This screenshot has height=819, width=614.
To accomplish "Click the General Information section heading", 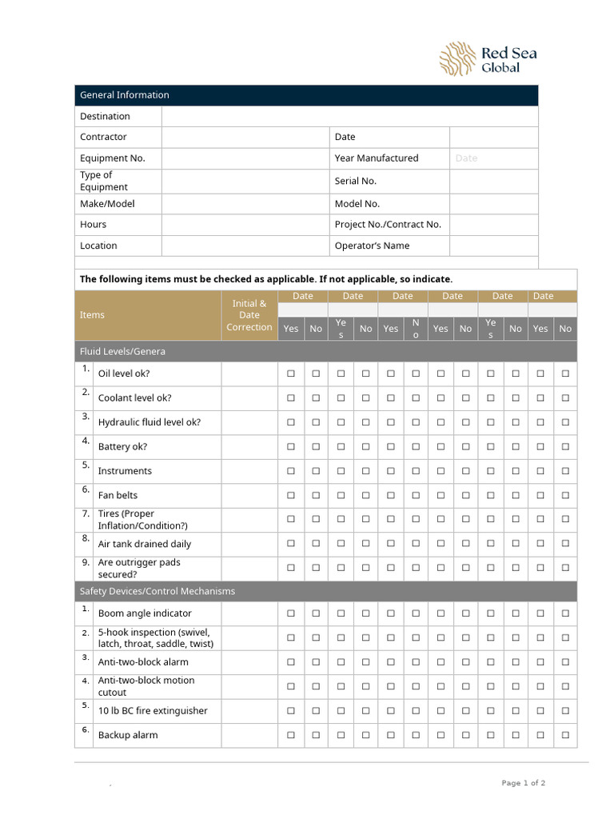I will pos(124,95).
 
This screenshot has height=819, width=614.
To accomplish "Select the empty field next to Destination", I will pos(349,117).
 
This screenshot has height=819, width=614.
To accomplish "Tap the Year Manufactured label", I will pos(376,158).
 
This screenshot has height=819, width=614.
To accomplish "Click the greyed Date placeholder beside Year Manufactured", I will pos(466,158).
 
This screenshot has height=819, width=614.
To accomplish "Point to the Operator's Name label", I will pos(372,246).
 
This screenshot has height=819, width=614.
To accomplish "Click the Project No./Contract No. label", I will pos(388,225).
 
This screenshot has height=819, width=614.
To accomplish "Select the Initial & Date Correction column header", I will pos(249,315).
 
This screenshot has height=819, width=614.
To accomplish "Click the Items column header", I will pos(92,315).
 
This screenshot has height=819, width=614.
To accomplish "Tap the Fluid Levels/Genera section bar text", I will pos(122,351).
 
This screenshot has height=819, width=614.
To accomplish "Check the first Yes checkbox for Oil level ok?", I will pos(291,374).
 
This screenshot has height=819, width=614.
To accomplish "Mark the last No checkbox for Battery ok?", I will pos(565,446).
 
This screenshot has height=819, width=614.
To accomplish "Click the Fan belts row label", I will pos(118,496).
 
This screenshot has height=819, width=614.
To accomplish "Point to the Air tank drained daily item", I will pos(144,544).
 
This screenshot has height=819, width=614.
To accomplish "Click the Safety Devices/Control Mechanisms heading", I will pos(157,591).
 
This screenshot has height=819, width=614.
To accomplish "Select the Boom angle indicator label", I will pos(145,613).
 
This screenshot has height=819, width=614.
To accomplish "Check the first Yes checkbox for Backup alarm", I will pos(291,735).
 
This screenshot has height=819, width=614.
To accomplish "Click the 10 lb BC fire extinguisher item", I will pos(153,711).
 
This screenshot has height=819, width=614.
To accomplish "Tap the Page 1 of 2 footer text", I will pos(524,783).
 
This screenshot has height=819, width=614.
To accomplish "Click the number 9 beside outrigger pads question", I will pos(85,562).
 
